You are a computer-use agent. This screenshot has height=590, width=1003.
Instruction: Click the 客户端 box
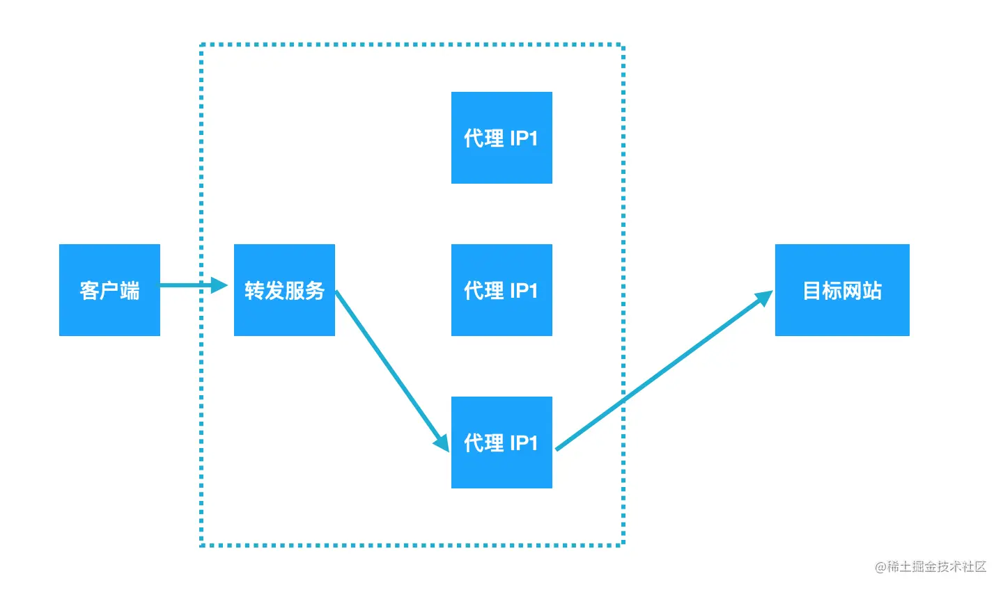(x=110, y=290)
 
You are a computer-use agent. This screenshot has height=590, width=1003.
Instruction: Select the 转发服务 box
(x=284, y=290)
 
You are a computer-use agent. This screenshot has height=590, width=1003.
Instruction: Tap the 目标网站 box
(x=842, y=290)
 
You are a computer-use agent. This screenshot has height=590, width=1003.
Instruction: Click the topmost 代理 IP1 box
(x=501, y=138)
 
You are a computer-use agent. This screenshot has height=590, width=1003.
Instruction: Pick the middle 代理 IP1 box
(x=501, y=290)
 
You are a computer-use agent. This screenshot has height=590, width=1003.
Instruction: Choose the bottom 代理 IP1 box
(x=501, y=442)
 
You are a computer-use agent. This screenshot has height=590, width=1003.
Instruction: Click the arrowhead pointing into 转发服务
(x=219, y=285)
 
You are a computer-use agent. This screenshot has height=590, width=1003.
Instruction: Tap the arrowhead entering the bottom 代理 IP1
(x=442, y=443)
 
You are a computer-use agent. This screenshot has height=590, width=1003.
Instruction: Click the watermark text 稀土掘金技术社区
(x=937, y=567)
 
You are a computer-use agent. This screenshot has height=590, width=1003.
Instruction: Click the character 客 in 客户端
(x=90, y=291)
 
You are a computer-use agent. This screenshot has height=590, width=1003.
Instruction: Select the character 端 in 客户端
(x=130, y=291)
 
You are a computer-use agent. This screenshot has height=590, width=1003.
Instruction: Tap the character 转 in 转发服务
(x=254, y=291)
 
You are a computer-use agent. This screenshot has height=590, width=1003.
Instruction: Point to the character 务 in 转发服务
(x=315, y=291)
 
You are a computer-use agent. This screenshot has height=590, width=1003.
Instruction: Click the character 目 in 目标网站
(x=812, y=291)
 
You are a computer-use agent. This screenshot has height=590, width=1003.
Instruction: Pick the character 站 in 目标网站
(x=872, y=291)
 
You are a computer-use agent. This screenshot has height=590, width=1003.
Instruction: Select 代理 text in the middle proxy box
(x=483, y=291)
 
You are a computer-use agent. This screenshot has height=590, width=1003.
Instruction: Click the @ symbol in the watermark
(x=880, y=567)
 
